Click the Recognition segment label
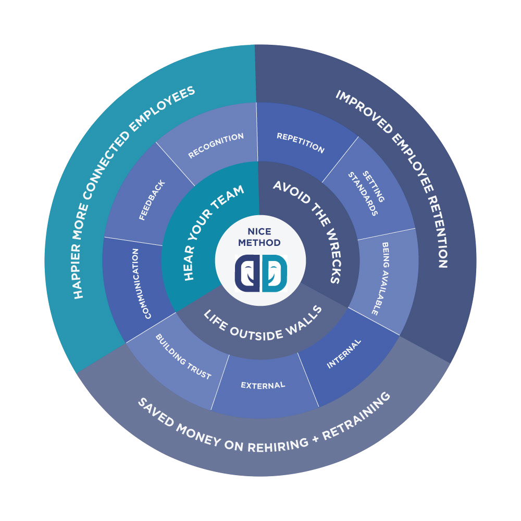[216, 146]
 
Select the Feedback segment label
[152, 200]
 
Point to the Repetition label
[301, 143]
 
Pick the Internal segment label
[344, 354]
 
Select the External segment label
[263, 386]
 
